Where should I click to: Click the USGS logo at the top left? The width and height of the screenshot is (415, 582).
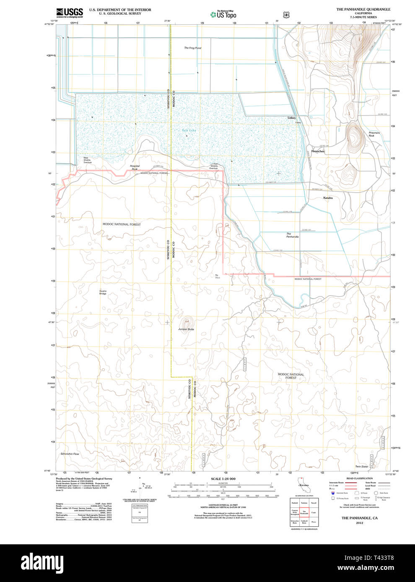70,12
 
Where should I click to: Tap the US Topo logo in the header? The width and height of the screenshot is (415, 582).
223,14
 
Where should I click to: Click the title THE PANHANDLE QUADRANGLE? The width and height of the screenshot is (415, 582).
363,9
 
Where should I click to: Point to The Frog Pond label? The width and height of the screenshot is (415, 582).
192,48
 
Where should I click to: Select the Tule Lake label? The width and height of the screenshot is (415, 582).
189,131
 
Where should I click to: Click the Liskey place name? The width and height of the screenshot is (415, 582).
292,118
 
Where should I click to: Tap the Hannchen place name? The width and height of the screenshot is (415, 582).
318,151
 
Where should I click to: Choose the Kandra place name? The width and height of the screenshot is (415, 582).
328,198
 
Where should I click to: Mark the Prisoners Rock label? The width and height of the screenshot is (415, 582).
374,134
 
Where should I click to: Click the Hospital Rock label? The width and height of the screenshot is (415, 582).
135,167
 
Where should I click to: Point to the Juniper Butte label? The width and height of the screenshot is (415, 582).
186,329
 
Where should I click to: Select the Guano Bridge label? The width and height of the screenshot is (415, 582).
103,292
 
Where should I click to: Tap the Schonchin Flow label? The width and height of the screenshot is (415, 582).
70,454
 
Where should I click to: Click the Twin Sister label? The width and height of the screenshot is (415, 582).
361,466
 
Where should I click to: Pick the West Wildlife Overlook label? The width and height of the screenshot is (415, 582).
87,160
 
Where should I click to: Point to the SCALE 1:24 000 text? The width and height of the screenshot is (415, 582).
223,479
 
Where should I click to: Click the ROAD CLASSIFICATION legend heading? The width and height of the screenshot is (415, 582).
359,478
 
